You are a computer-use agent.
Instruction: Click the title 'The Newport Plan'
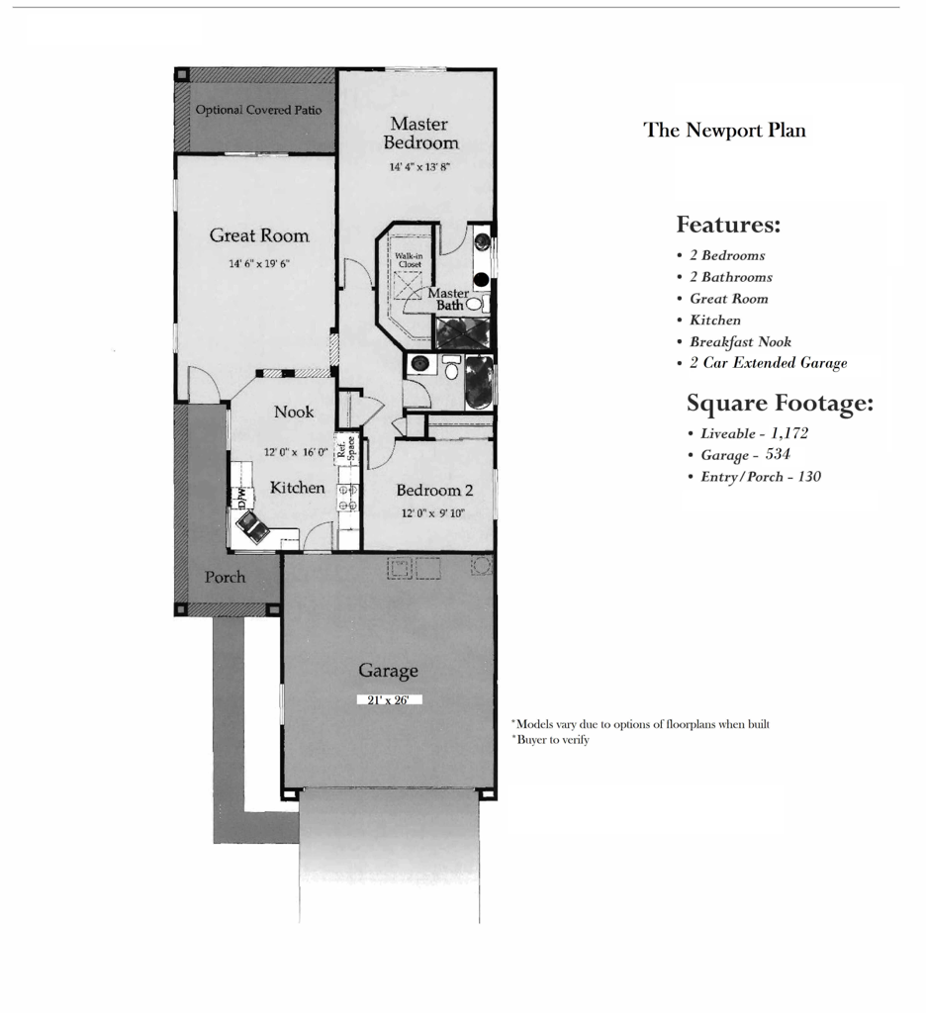tap(724, 130)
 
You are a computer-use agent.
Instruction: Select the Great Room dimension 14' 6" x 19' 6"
tap(259, 264)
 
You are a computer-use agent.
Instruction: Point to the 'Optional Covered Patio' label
tap(258, 110)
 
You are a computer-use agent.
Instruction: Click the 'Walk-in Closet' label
tap(409, 260)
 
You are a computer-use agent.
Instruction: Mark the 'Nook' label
tap(294, 412)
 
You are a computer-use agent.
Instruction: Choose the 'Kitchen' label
tap(297, 488)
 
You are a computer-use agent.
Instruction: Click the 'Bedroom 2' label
tap(434, 490)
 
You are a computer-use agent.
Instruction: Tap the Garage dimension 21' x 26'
tap(390, 699)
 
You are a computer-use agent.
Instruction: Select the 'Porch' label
tap(225, 577)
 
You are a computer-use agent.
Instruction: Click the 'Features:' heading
tap(728, 225)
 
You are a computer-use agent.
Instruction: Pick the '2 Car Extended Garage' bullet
tap(768, 363)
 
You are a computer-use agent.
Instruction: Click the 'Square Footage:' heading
tap(781, 404)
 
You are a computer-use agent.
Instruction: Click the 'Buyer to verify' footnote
tap(552, 739)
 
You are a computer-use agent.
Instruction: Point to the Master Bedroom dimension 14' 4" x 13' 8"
tap(420, 167)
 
